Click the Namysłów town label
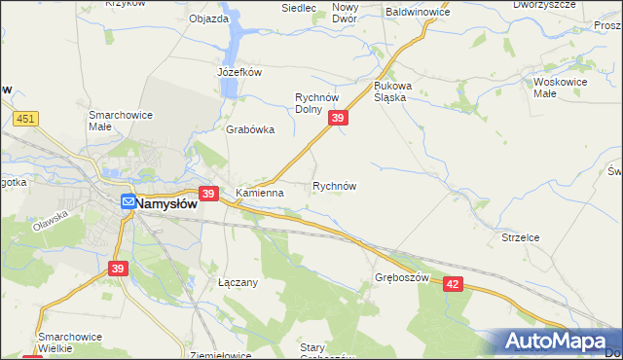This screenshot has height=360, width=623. [166, 204]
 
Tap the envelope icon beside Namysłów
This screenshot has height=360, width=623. [128, 203]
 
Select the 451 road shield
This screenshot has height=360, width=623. [26, 119]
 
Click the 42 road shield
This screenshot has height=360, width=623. [454, 282]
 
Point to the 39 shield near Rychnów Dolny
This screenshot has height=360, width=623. [337, 118]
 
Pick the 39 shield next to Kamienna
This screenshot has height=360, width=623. [207, 194]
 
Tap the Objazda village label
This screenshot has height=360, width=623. [208, 18]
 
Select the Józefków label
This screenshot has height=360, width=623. [239, 72]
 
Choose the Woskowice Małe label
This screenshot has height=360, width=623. [558, 89]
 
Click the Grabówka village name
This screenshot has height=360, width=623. [250, 129]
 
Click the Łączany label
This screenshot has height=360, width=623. [237, 282]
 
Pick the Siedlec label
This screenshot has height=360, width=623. [299, 8]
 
